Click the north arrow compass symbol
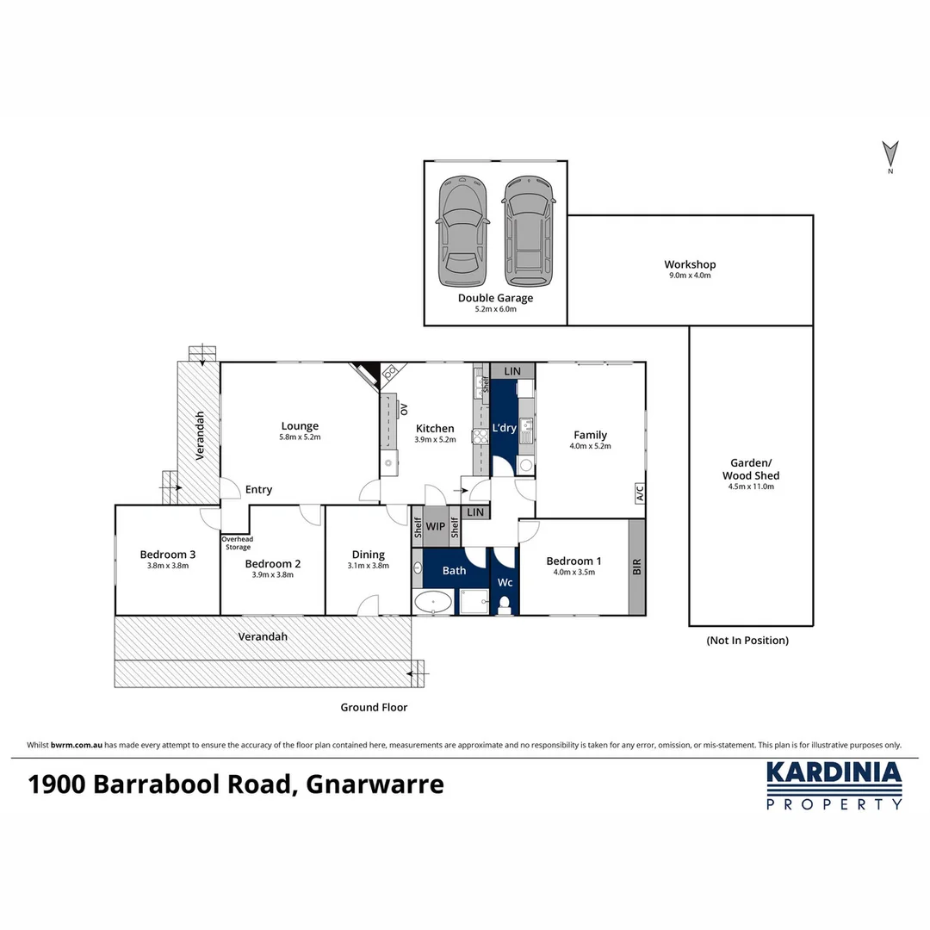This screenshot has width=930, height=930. [890, 156]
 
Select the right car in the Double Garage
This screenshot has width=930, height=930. [528, 232]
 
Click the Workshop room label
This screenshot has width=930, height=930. [689, 264]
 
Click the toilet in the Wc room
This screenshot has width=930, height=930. [505, 604]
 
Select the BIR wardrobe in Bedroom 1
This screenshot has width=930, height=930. [636, 567]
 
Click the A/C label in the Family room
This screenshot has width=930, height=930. [639, 493]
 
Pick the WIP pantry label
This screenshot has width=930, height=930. [436, 526]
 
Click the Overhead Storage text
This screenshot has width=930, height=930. [238, 543]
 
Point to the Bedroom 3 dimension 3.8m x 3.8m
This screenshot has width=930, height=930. [168, 566]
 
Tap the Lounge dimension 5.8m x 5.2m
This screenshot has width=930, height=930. [300, 438]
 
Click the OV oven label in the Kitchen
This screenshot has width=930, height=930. [404, 410]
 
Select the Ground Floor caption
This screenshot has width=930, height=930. [372, 707]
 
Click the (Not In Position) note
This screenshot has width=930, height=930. [747, 641]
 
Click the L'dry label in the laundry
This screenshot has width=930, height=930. [504, 428]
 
